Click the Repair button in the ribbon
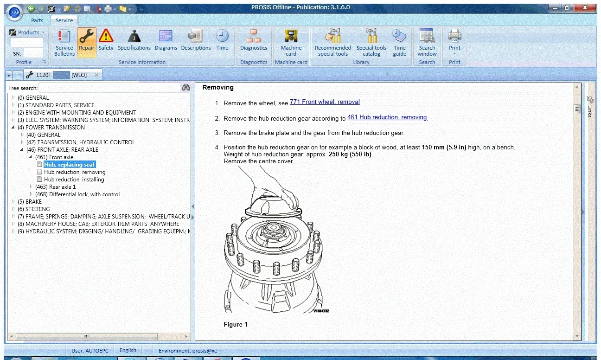(x=86, y=41)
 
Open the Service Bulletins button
(x=64, y=41)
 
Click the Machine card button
(x=291, y=41)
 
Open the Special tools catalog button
(x=371, y=41)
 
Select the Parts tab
(x=37, y=20)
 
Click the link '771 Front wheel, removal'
(x=325, y=102)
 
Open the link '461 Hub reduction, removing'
(x=387, y=117)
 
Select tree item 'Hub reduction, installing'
(x=74, y=180)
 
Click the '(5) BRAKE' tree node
(x=30, y=202)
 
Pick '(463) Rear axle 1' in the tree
(x=55, y=187)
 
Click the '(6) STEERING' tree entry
(x=34, y=209)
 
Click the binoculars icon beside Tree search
(x=186, y=88)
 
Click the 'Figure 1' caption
(x=236, y=324)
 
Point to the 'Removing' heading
(x=218, y=87)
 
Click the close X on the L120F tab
(x=96, y=75)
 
